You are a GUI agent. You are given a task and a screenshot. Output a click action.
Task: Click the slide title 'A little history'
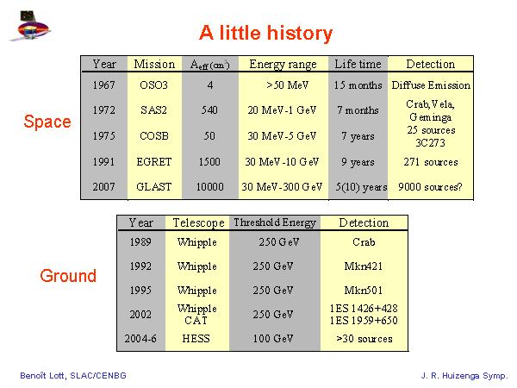[x=265, y=33]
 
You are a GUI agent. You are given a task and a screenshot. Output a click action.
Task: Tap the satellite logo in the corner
[x=30, y=26]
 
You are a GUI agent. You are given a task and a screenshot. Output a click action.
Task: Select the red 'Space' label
[x=47, y=122]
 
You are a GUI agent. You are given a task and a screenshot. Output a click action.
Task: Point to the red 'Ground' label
[x=68, y=276]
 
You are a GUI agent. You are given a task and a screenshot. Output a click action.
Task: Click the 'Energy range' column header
[x=283, y=64]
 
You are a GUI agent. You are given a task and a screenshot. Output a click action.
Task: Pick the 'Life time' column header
[x=358, y=64]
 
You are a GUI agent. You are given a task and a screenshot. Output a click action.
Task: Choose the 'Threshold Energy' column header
[x=275, y=222]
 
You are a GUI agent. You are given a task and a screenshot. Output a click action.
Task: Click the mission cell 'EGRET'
[x=154, y=162]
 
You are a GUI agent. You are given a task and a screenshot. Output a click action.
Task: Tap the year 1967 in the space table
[x=104, y=85]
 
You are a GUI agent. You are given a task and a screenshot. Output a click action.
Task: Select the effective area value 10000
[x=209, y=187]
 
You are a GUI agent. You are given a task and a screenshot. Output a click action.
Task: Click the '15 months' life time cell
[x=358, y=85]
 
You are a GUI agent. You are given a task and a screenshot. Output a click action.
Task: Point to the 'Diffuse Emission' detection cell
[x=431, y=85]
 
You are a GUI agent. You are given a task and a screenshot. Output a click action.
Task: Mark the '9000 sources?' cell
[x=430, y=187]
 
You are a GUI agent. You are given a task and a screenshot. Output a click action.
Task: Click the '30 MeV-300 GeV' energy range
[x=282, y=187]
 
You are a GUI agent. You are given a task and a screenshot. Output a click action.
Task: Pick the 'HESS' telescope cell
[x=196, y=339]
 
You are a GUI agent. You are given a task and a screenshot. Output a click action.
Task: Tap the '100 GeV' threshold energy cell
[x=272, y=339]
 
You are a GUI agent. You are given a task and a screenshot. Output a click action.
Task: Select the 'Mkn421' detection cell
[x=364, y=266]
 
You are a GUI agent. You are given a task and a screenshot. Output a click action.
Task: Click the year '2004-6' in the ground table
[x=140, y=339]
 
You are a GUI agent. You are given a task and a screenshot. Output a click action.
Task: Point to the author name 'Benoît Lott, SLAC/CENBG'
[x=73, y=375]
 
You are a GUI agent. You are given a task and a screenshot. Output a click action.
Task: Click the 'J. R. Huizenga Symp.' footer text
[x=464, y=375]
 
